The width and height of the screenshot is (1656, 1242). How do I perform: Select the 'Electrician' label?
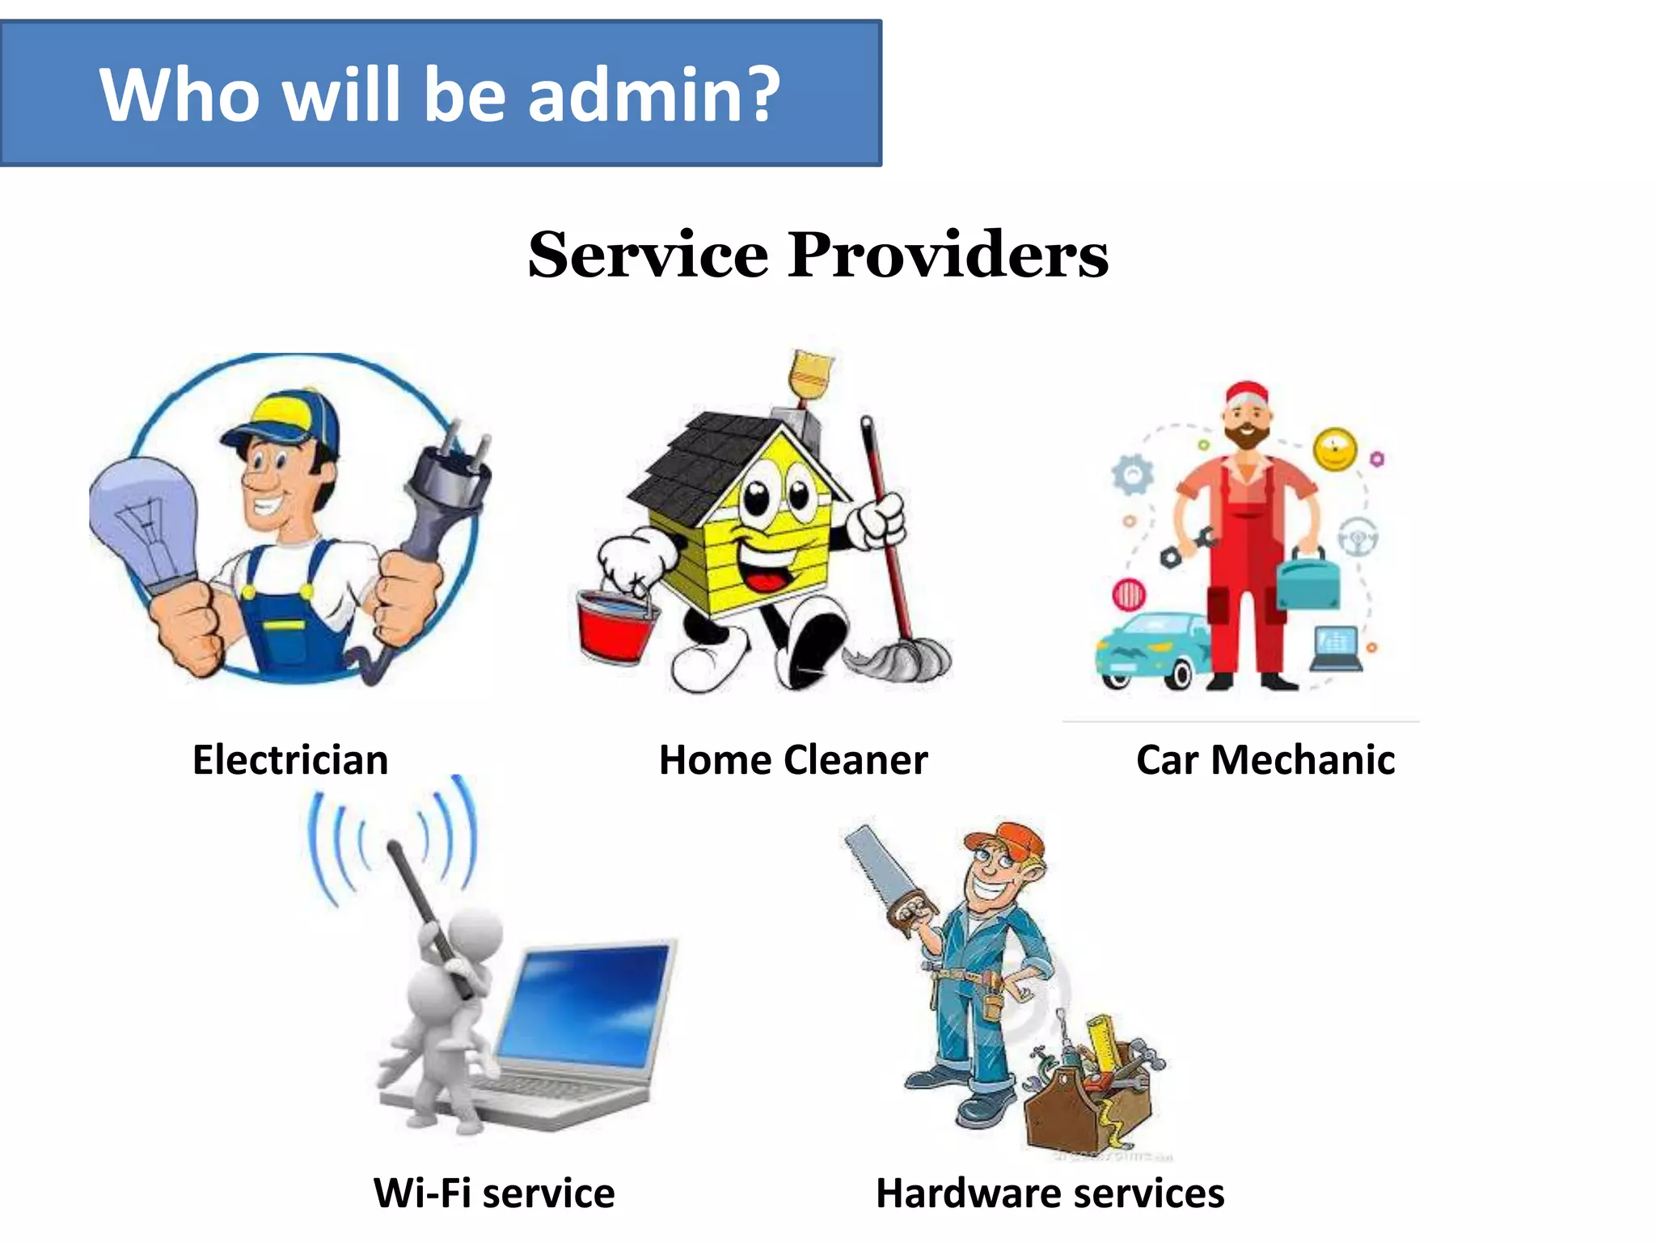point(290,760)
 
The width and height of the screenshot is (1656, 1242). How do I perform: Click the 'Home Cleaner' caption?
point(793,760)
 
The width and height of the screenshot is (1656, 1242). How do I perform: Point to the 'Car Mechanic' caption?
point(1265,760)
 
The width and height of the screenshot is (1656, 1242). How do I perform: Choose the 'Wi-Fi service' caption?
point(494,1193)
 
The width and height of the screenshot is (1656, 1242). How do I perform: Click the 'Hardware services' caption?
point(1050,1193)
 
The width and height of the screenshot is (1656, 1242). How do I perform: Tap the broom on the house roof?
point(809,376)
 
